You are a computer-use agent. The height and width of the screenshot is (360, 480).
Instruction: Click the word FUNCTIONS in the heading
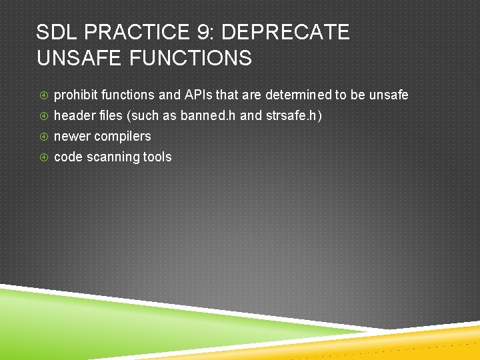191,58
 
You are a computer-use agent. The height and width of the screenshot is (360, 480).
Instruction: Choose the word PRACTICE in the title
137,32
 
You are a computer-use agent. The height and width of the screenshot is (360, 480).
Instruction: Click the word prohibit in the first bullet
75,95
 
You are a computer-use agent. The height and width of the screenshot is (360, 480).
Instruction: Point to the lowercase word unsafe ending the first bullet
389,95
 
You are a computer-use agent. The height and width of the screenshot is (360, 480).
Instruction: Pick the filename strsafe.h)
294,115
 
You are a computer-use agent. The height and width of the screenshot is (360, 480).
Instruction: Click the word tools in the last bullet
157,157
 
